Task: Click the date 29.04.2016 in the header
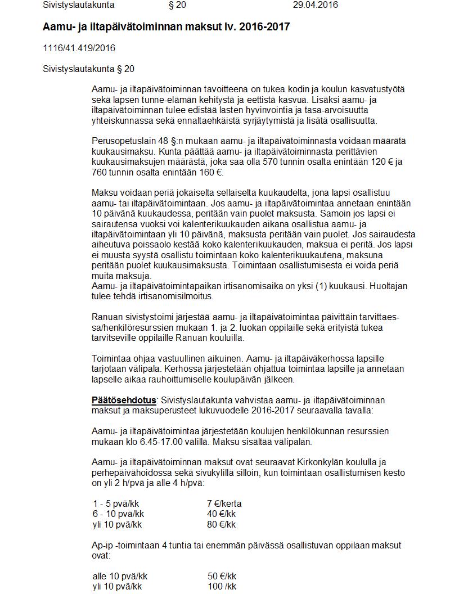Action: [316, 5]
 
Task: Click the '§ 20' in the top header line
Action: [177, 5]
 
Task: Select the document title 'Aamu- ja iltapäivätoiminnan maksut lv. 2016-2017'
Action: [166, 27]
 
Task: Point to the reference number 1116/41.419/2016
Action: [79, 48]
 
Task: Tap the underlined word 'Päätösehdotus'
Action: [124, 400]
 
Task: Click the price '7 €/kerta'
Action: [224, 503]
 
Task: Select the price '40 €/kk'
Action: [221, 514]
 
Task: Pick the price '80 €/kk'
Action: [221, 525]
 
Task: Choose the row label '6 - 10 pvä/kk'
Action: [118, 514]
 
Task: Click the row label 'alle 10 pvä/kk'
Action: [120, 577]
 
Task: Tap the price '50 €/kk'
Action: [222, 577]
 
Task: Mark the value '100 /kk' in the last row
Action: [222, 587]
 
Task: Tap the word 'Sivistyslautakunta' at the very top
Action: [79, 5]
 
